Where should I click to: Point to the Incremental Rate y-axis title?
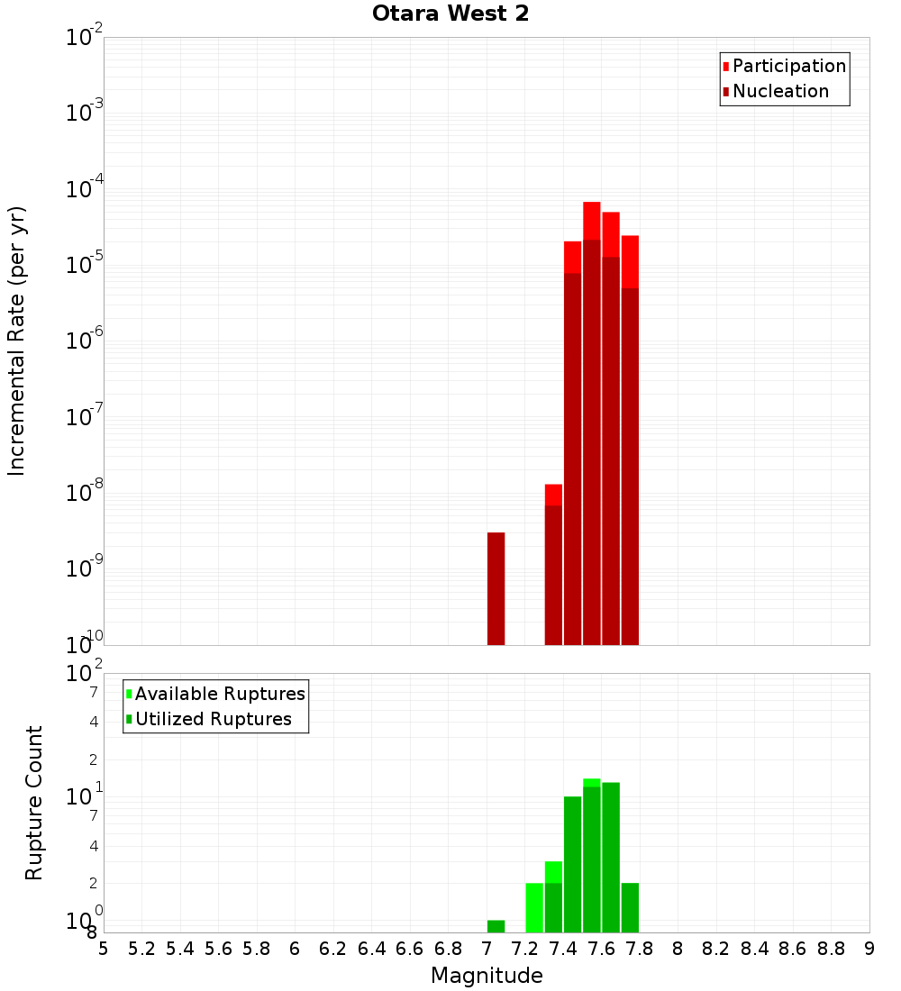tap(17, 341)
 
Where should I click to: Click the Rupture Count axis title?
tap(34, 803)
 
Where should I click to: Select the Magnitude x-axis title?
tap(487, 975)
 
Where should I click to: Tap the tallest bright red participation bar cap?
tap(592, 221)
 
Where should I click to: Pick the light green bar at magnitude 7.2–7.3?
tap(534, 907)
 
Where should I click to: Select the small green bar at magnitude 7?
tap(496, 926)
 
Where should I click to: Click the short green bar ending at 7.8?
tap(630, 907)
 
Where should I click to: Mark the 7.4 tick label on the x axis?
tap(563, 948)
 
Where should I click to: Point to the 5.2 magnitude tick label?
tap(141, 948)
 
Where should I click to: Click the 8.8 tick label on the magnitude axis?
tap(831, 948)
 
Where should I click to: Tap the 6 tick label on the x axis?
tap(295, 948)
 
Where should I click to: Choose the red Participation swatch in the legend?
tap(726, 66)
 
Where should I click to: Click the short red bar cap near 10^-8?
tap(553, 495)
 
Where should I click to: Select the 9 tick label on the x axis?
tap(869, 948)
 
